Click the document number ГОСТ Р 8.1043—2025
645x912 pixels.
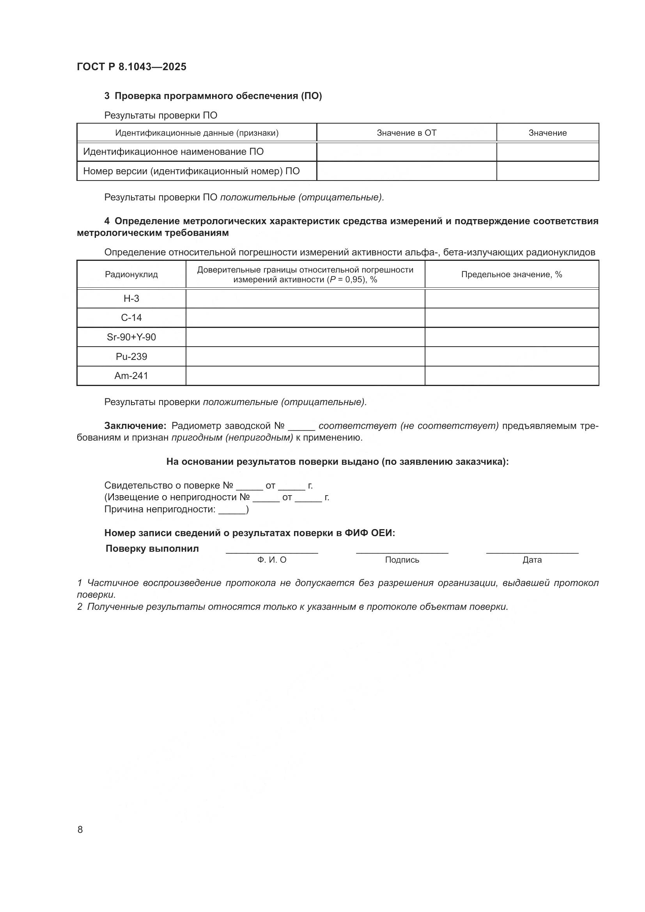point(131,67)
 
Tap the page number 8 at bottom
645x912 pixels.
point(80,829)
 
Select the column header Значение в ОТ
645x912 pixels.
point(406,133)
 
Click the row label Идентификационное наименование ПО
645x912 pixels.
point(173,152)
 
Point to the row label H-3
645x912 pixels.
point(131,299)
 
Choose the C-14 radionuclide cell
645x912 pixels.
point(131,318)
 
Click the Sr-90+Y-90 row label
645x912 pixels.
point(131,337)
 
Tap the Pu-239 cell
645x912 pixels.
point(131,357)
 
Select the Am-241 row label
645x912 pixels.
point(131,376)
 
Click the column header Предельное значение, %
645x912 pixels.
point(512,274)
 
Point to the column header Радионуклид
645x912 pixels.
point(131,274)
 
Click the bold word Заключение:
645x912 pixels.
point(135,426)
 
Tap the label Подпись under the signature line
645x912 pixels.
point(402,560)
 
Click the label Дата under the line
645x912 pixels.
point(532,560)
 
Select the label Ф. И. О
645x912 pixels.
point(272,560)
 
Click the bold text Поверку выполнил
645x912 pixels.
point(152,549)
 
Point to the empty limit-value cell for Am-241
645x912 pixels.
point(512,376)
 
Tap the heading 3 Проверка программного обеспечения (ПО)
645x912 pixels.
point(213,96)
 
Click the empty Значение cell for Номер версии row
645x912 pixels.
point(547,171)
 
